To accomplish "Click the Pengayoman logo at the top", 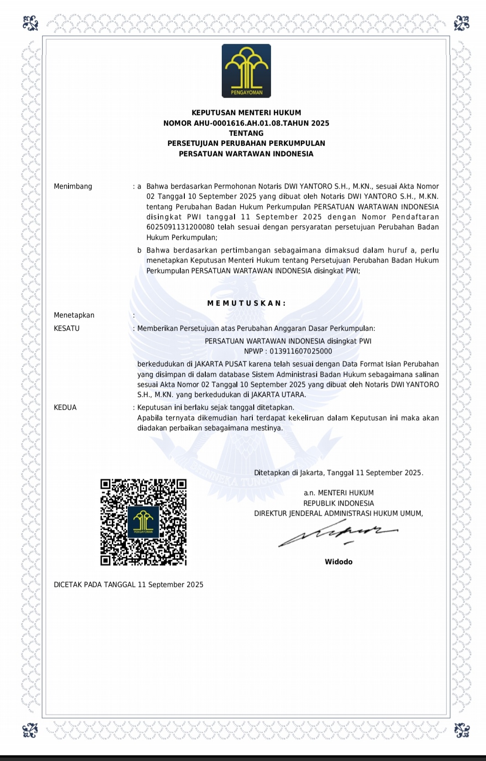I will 246,71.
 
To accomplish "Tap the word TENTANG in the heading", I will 246,133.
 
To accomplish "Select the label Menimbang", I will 73,186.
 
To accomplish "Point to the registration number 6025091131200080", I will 180,227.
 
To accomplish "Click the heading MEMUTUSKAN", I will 246,303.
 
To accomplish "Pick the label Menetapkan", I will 74,315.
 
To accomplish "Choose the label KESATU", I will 67,328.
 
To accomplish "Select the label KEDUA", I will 65,407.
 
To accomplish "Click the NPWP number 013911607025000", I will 301,351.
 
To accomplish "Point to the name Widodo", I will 339,562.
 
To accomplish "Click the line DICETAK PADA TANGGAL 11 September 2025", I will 129,585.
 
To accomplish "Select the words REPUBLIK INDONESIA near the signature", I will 339,503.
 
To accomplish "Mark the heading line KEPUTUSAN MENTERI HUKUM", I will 246,112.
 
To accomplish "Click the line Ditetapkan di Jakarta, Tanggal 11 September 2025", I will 339,473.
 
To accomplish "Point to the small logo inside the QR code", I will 143,522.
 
